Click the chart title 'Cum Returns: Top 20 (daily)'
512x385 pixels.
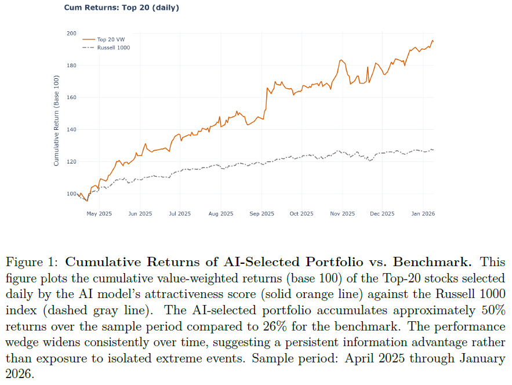click(x=121, y=8)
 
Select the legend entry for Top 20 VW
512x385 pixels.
click(x=104, y=39)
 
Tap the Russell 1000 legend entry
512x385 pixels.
click(x=106, y=48)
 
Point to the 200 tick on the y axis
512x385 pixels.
click(x=71, y=33)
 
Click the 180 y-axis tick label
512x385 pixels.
click(x=71, y=66)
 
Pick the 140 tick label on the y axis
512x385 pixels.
click(x=71, y=130)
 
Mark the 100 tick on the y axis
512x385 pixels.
click(x=71, y=194)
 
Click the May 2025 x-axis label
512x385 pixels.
click(x=99, y=213)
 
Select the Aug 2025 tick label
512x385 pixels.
click(x=221, y=213)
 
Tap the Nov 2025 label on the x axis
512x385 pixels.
click(x=342, y=213)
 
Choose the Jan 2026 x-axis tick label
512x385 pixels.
click(x=423, y=213)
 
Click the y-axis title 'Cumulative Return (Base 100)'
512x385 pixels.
click(x=56, y=121)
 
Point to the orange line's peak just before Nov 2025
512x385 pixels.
click(x=341, y=60)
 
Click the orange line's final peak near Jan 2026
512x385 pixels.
click(x=433, y=41)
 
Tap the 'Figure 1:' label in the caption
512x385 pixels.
click(x=32, y=262)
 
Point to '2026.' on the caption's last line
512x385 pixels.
click(x=20, y=374)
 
